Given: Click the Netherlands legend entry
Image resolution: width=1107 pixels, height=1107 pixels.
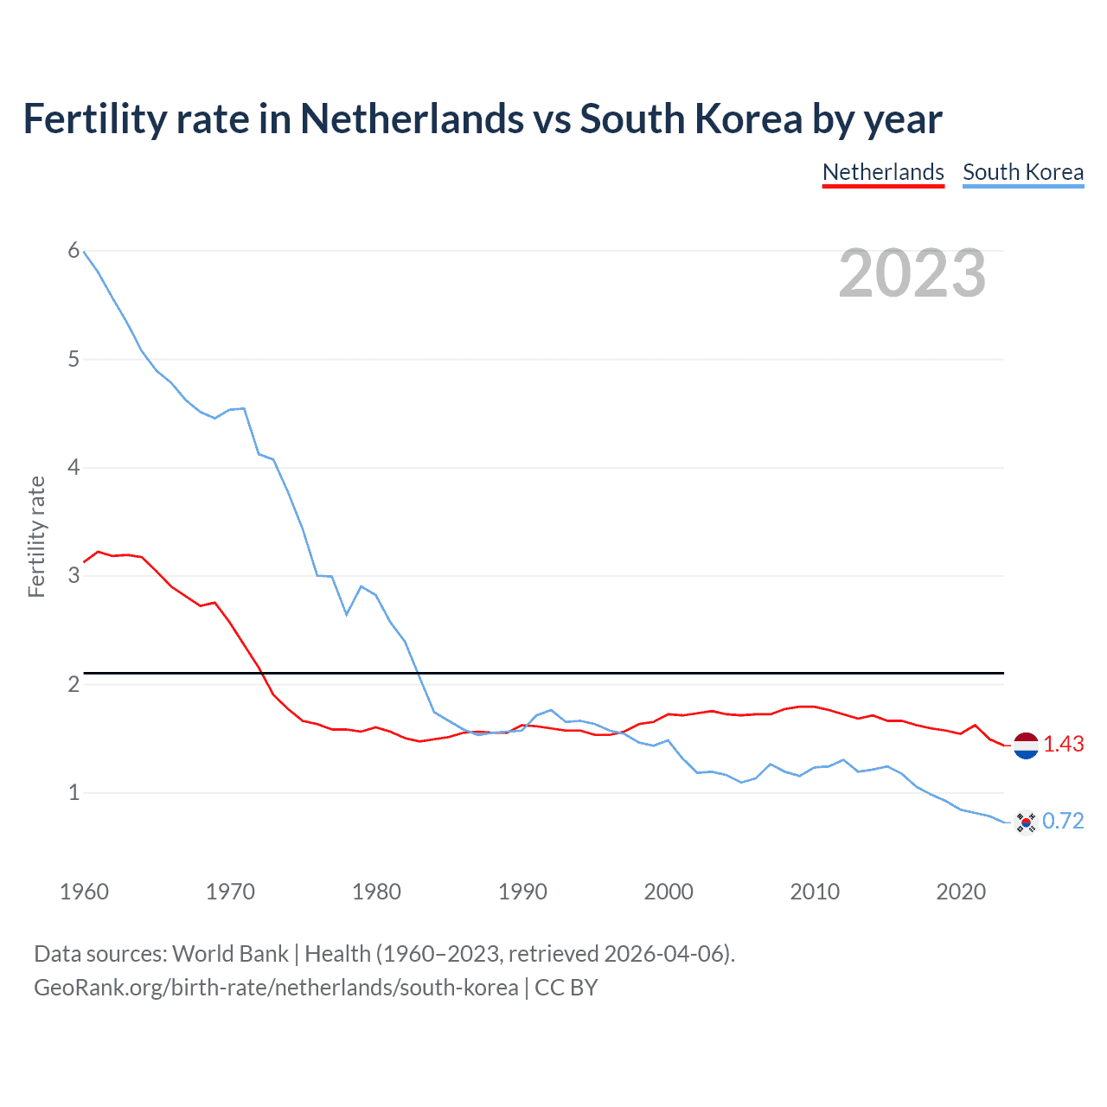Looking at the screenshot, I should [x=883, y=172].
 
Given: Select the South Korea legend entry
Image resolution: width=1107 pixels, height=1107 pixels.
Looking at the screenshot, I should [x=1023, y=172].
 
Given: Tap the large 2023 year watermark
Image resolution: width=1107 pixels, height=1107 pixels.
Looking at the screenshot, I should [x=912, y=273].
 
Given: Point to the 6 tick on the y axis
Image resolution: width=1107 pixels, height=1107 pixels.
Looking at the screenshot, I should [x=74, y=251].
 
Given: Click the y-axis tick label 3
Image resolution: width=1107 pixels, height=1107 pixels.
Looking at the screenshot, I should [x=74, y=576].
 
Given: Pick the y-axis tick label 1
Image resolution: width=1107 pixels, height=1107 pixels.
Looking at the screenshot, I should [x=74, y=792].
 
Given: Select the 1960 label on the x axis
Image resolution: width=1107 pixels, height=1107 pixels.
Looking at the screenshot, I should [x=84, y=892].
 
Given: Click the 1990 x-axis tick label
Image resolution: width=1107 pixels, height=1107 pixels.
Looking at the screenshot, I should [x=522, y=892].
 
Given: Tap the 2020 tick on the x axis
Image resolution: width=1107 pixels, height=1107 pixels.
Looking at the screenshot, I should [x=961, y=892].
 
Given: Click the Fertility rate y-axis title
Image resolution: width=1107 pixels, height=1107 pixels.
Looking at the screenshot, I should [x=36, y=536].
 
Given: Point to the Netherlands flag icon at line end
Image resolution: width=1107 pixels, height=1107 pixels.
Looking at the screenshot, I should [x=1026, y=745].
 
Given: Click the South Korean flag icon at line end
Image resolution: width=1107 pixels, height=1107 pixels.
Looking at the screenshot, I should [x=1026, y=822].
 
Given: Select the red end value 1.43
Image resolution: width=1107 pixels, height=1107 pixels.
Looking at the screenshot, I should [x=1063, y=745].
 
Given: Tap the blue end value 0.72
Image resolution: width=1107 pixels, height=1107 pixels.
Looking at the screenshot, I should [x=1063, y=822].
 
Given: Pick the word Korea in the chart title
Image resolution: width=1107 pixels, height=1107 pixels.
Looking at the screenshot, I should [x=749, y=119].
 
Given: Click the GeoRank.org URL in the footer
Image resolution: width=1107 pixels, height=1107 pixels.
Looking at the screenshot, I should [x=276, y=988].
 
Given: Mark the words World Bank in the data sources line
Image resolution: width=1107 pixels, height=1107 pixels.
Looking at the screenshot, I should [x=230, y=954].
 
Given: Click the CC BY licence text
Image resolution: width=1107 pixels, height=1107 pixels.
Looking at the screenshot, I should [x=566, y=988].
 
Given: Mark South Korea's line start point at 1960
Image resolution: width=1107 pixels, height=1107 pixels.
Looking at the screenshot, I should [x=84, y=252].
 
